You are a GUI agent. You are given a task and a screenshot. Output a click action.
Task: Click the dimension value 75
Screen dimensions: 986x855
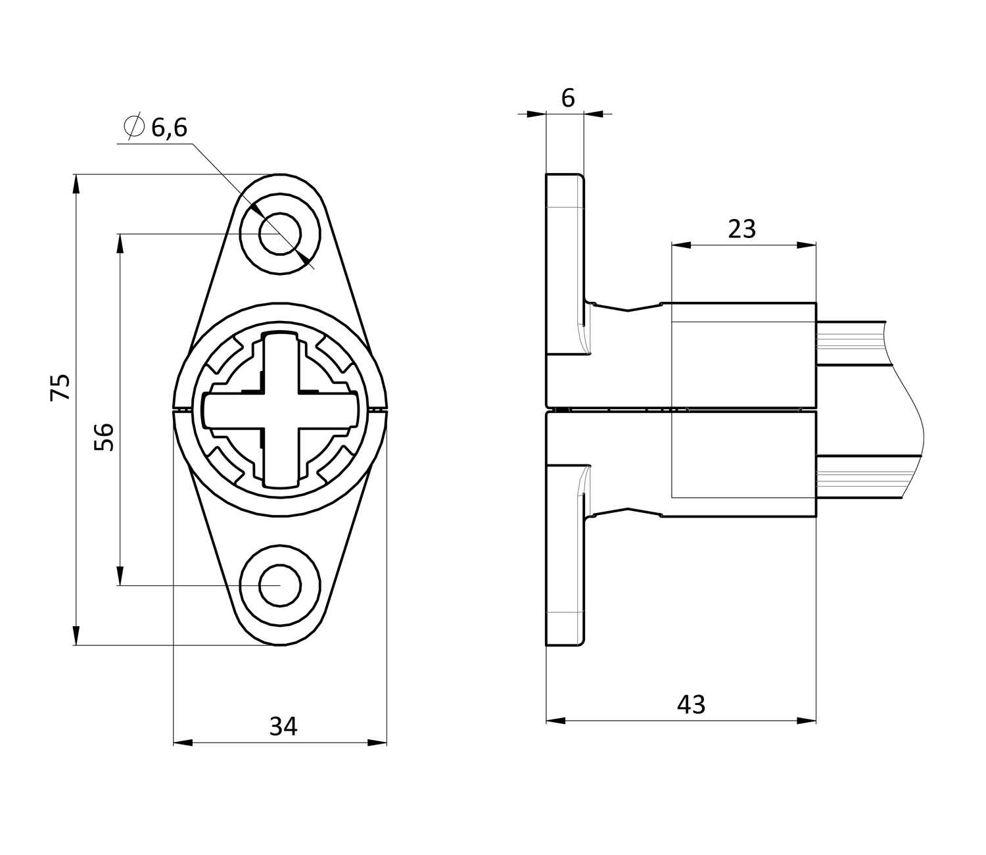pos(60,387)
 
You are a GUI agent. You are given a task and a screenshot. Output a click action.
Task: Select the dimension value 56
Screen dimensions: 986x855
pos(104,437)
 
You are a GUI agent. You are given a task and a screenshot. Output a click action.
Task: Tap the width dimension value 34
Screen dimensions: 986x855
pos(283,727)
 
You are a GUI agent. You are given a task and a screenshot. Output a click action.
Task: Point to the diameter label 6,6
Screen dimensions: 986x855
pos(170,128)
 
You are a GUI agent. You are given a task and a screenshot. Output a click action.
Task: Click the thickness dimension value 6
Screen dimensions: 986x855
pos(568,99)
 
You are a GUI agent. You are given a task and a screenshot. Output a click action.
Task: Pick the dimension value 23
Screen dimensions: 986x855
pos(741,229)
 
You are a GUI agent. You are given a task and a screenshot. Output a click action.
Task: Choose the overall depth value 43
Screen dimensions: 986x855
pos(692,704)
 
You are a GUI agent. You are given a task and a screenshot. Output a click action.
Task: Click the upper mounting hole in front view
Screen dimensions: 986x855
pos(280,234)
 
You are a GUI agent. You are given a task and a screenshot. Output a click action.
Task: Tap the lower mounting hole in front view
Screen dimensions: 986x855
pos(281,585)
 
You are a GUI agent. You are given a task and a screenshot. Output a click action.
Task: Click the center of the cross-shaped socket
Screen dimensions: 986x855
pos(281,410)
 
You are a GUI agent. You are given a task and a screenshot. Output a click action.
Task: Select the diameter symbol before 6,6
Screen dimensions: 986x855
pos(134,126)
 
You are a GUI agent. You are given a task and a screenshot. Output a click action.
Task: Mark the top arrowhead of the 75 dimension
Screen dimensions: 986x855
pos(76,183)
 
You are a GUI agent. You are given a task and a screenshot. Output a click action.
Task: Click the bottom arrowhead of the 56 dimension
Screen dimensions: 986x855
pos(120,576)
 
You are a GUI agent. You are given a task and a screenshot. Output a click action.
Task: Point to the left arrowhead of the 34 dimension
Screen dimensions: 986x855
pos(182,743)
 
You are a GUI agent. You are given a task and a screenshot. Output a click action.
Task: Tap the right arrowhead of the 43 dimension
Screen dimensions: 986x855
pos(807,721)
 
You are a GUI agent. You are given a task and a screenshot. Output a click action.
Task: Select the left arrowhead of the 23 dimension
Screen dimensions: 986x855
pos(681,245)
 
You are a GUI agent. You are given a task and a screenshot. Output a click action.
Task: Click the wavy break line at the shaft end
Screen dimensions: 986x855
pos(904,410)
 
